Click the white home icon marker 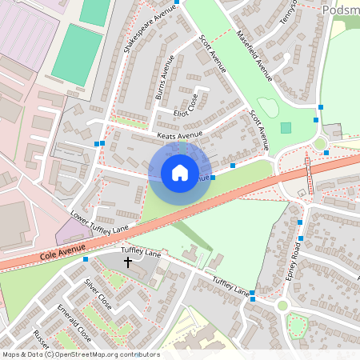(x=180, y=172)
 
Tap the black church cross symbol (x=127, y=262)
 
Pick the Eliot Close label (x=186, y=106)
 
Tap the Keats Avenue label (x=181, y=136)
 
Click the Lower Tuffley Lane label (x=99, y=223)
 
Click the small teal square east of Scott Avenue (x=286, y=128)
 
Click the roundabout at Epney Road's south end (x=282, y=306)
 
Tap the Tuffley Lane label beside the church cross (x=141, y=254)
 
